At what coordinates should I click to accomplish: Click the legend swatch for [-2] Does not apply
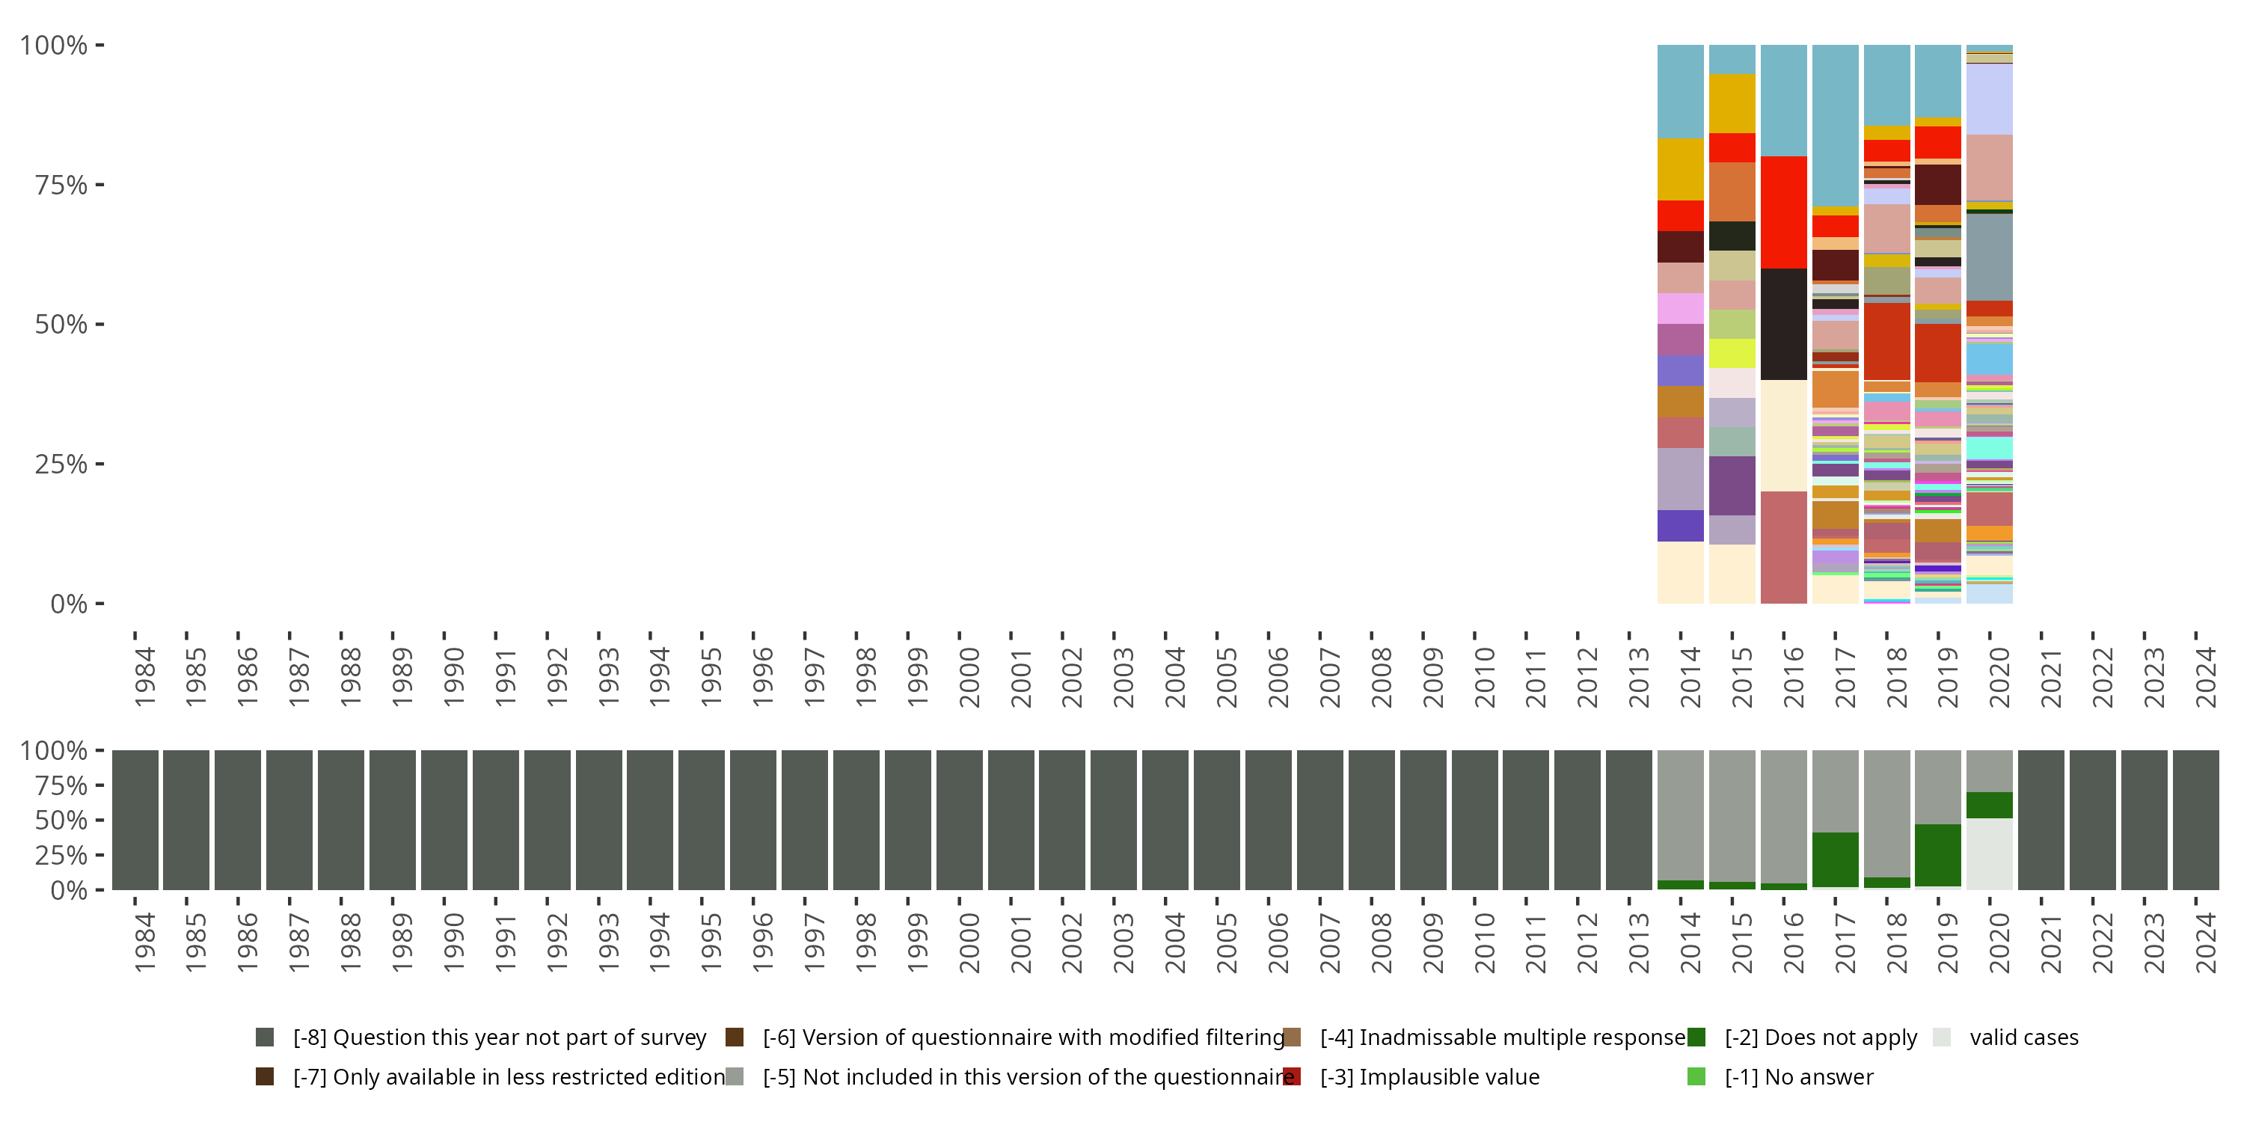coord(1696,1037)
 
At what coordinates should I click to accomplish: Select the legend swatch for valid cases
coord(1941,1037)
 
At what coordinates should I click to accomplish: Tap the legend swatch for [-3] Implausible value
coord(1292,1076)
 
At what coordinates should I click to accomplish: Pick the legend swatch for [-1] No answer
coord(1696,1076)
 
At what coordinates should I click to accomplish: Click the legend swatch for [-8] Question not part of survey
coord(265,1037)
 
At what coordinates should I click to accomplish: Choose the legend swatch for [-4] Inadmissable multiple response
coord(1292,1037)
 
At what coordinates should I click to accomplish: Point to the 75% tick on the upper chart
coord(99,185)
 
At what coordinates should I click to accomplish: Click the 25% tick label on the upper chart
coord(61,465)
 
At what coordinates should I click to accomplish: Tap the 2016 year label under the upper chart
coord(1793,677)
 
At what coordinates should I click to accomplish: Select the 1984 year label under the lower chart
coord(144,942)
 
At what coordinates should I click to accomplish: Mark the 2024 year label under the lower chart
coord(2206,942)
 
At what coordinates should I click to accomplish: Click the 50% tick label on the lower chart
coord(61,820)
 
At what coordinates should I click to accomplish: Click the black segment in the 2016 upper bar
coord(1783,324)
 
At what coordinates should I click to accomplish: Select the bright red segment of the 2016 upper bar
coord(1783,212)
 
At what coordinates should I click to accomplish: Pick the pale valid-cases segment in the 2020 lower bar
coord(1989,853)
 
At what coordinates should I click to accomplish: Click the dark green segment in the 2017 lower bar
coord(1835,859)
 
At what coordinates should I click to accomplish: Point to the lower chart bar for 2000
coord(959,820)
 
